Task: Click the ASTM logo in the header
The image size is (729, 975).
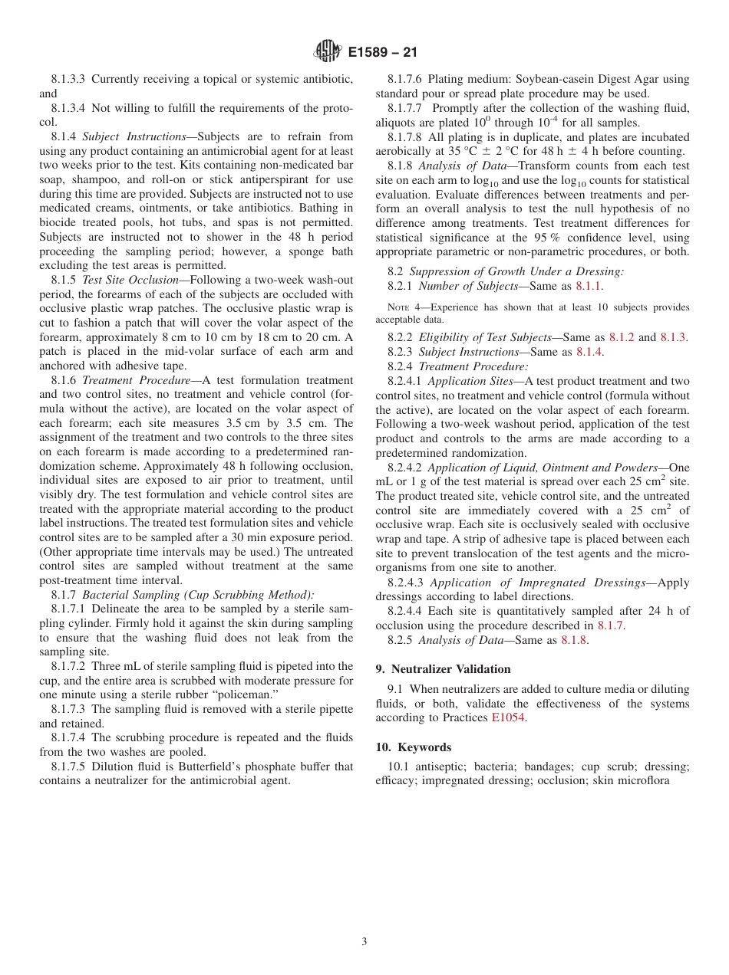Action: (x=328, y=52)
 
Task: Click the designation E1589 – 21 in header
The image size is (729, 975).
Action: (x=382, y=53)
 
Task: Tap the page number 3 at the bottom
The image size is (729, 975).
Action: (x=364, y=942)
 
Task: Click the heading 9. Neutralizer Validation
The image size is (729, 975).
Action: (x=443, y=669)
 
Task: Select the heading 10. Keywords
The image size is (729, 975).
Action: (x=413, y=747)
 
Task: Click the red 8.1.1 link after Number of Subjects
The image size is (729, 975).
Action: (x=589, y=286)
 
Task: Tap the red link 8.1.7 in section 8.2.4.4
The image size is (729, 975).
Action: (x=611, y=625)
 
